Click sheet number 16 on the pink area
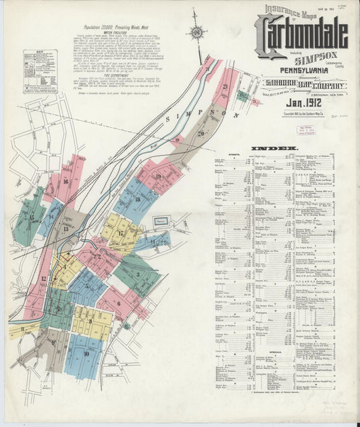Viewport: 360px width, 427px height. click(66, 181)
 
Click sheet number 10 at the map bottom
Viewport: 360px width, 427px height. click(86, 353)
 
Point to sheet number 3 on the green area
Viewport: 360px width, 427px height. click(138, 274)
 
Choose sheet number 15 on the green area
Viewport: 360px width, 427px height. click(32, 218)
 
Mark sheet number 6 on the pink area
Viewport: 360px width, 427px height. click(119, 303)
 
